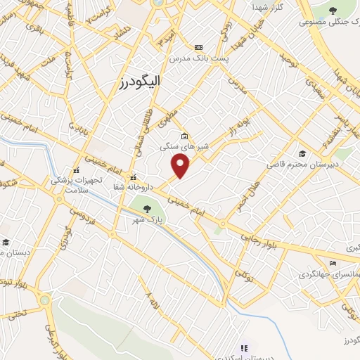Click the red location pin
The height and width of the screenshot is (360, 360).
tap(181, 166)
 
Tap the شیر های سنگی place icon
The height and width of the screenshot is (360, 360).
tap(184, 136)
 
